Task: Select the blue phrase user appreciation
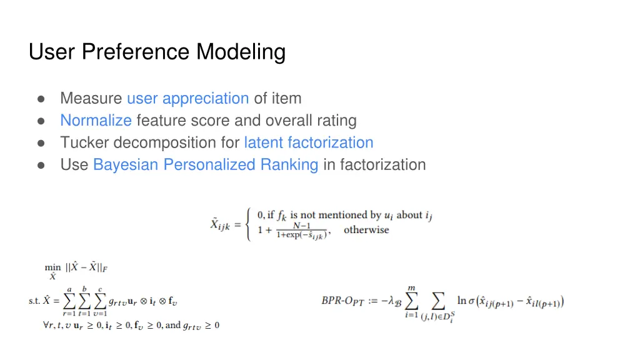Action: pos(187,99)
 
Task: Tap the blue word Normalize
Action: pos(96,121)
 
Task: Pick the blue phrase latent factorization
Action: pos(309,142)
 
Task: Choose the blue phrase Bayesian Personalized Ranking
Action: pos(206,165)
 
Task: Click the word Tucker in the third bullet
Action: pos(84,142)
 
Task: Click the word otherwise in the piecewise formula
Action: pos(366,230)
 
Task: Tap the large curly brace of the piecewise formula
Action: pos(251,223)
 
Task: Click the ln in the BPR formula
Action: pos(461,301)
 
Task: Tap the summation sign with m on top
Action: pos(411,302)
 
